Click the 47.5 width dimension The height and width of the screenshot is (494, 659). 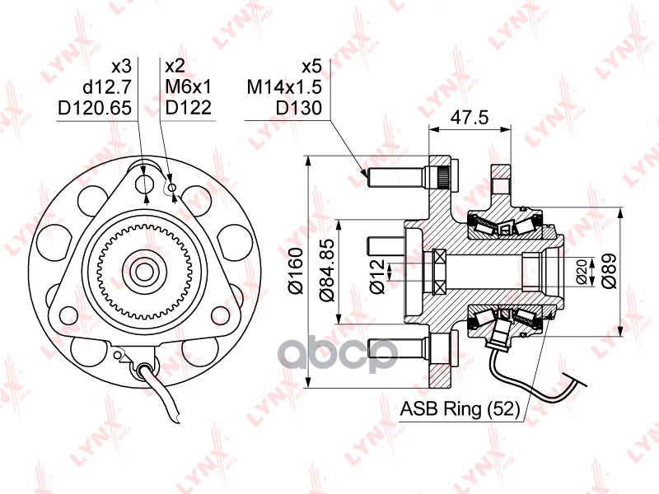470,117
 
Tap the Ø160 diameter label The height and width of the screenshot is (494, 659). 296,271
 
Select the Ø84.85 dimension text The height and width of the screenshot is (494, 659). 326,270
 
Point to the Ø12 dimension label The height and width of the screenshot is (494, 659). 377,276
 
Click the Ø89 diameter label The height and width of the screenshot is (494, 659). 609,271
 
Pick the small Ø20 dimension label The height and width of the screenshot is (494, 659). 582,272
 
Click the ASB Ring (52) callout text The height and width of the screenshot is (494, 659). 460,408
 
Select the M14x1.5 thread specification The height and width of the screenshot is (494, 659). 284,87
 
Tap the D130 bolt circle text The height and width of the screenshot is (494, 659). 298,108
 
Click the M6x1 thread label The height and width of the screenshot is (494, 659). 189,87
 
